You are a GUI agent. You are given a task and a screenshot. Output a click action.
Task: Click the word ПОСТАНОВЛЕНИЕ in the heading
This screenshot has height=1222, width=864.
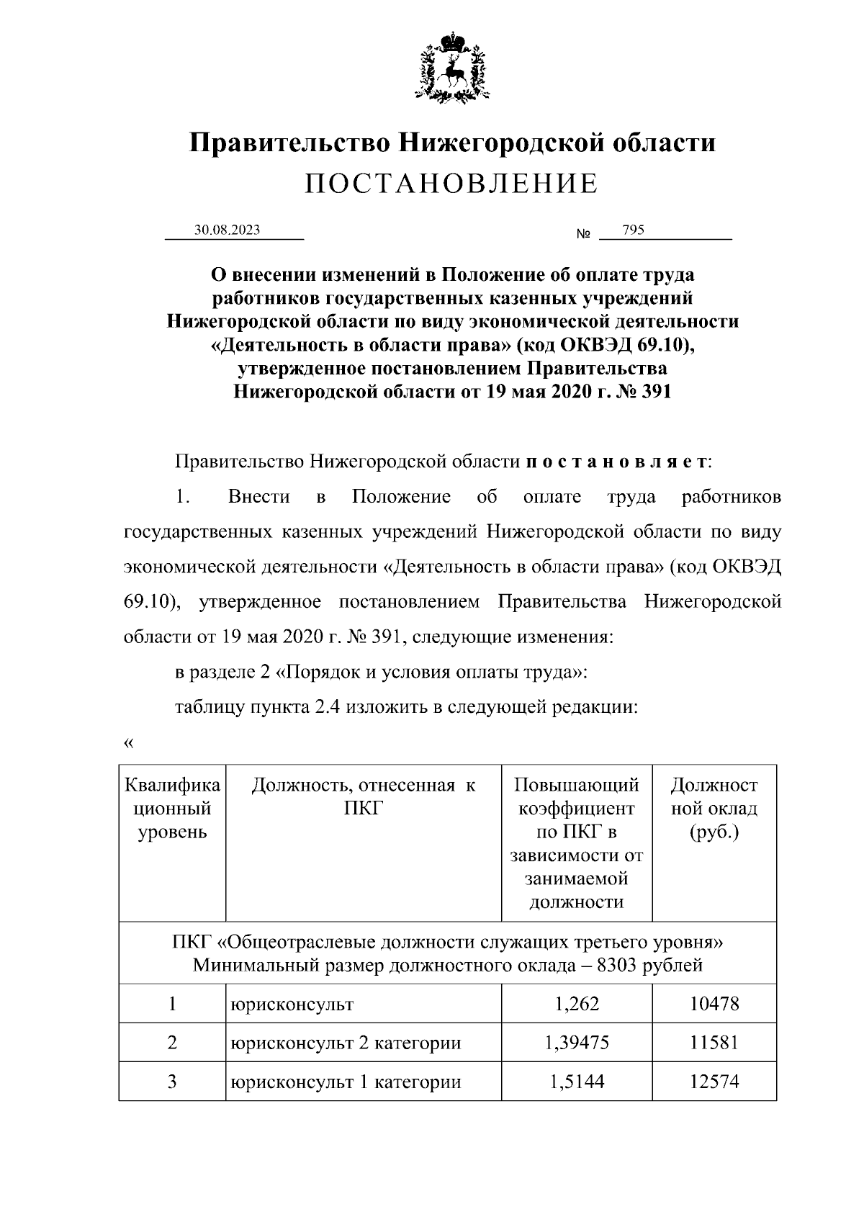pos(451,184)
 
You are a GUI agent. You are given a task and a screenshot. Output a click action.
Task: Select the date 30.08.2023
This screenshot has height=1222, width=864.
pos(227,230)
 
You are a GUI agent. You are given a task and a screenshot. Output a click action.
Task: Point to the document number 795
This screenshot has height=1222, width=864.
pos(634,230)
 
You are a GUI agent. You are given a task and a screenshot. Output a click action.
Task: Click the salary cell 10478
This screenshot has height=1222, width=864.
pos(714,1003)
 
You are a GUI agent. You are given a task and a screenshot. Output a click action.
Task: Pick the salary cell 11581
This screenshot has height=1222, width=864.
pos(714,1042)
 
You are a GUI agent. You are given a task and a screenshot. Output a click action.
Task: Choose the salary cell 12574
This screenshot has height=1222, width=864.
pos(714,1082)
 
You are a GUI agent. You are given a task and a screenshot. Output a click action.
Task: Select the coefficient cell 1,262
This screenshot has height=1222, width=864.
pos(577,1003)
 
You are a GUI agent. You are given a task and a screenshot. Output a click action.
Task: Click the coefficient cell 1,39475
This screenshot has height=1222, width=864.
pos(577,1042)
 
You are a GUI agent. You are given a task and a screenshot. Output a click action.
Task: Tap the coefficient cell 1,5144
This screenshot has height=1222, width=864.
pos(577,1082)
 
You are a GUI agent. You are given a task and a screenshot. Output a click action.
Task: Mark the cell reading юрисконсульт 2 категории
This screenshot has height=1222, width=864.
pos(345,1042)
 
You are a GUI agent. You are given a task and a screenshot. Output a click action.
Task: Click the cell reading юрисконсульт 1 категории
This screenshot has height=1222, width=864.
pos(345,1082)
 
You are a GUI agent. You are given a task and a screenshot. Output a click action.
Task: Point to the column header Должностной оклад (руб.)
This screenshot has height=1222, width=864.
pos(714,809)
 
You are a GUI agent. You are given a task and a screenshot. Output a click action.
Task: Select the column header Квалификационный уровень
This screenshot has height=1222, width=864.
pos(172,809)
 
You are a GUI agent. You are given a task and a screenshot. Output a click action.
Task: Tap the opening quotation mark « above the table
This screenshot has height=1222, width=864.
pos(129,743)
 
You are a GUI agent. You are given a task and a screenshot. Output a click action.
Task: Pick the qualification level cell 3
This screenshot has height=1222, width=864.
pos(172,1082)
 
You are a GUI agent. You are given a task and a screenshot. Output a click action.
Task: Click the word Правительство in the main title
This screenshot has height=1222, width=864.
pos(289,143)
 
